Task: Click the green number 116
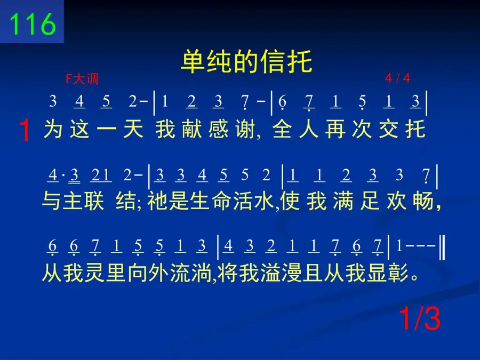(33, 24)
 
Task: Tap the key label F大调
(82, 79)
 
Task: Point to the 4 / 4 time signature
(397, 78)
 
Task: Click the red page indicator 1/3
(420, 319)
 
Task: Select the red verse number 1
(25, 131)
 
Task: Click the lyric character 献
(191, 130)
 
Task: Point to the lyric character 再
(335, 130)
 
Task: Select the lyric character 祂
(157, 201)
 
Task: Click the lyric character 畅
(423, 201)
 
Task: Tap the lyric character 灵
(94, 273)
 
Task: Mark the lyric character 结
(126, 201)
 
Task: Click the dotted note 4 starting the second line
(53, 175)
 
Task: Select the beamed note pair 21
(101, 175)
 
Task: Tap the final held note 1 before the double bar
(399, 245)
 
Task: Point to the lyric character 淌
(202, 273)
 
